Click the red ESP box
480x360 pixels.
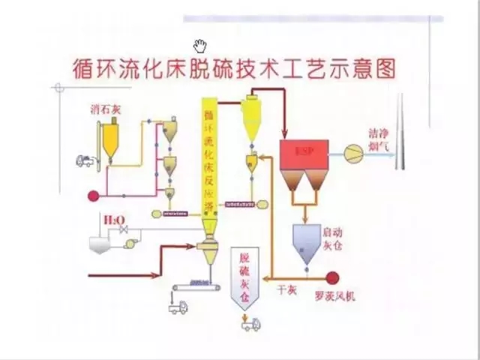click(x=303, y=153)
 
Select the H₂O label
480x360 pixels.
click(x=115, y=220)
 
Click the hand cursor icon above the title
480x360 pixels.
click(x=199, y=45)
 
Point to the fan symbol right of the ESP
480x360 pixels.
click(x=352, y=153)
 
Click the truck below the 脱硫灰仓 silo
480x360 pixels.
click(x=250, y=324)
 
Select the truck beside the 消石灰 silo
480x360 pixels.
click(x=85, y=160)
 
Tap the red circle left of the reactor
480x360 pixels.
click(x=93, y=196)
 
